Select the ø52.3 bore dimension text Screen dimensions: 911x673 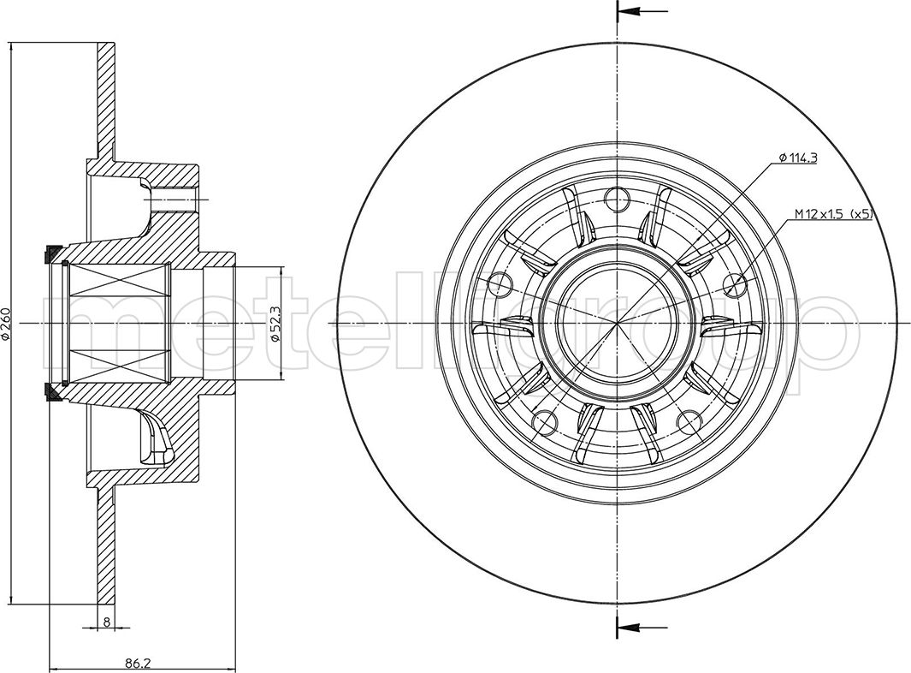click(x=276, y=323)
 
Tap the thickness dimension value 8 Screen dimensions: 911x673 click(x=106, y=622)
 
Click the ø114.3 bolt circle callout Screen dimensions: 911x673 click(x=797, y=158)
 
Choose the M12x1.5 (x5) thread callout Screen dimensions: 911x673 click(x=834, y=215)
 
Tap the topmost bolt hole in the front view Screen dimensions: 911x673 click(x=617, y=199)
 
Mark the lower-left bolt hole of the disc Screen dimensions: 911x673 click(x=544, y=423)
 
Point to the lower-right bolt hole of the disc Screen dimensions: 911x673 click(x=689, y=423)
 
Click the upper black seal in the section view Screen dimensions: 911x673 click(x=51, y=254)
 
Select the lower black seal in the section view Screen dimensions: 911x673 click(x=51, y=392)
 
